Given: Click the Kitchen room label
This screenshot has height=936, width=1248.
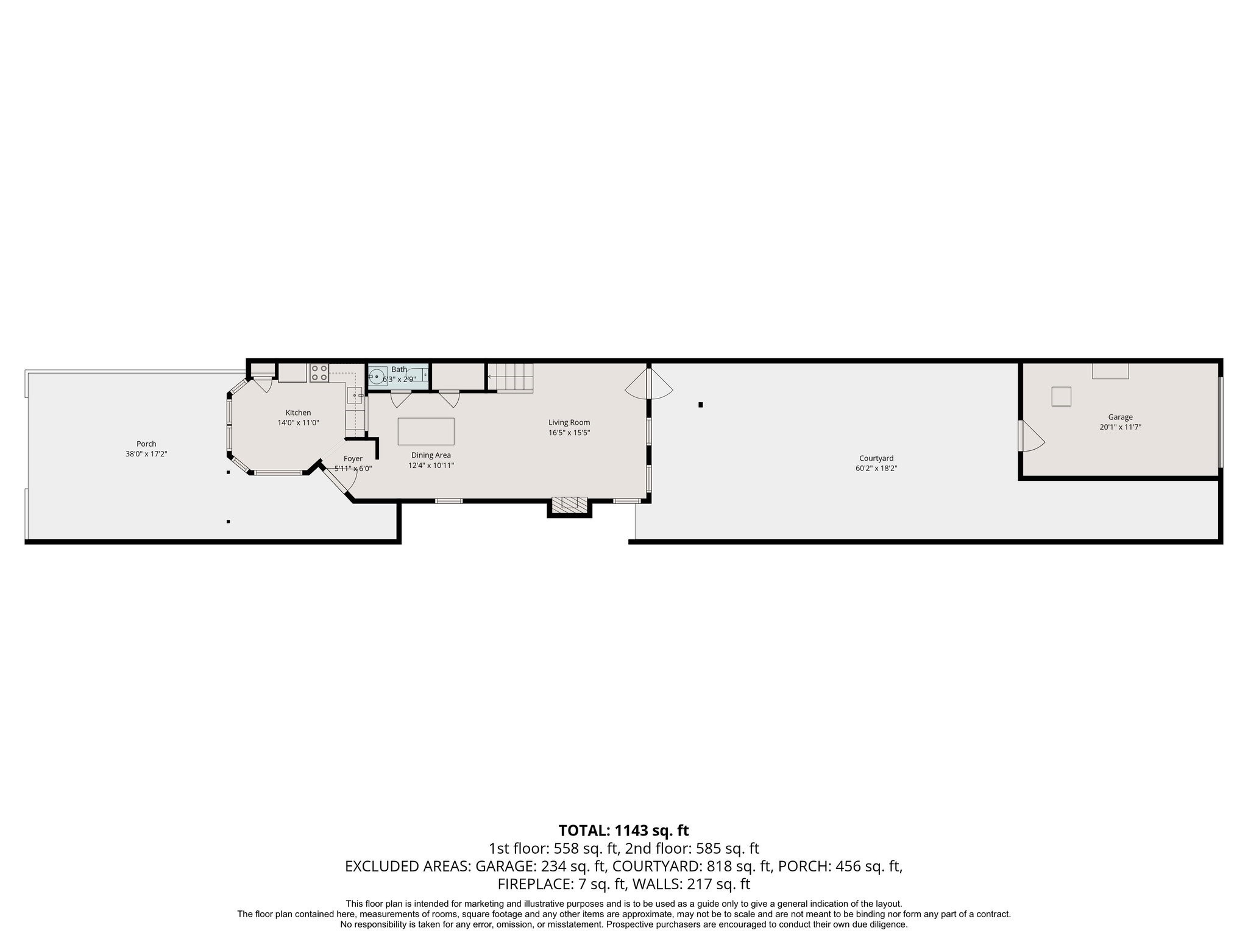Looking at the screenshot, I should [298, 413].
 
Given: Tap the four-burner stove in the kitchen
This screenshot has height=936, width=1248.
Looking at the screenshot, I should [319, 373].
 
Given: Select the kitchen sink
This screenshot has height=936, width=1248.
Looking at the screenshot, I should [355, 395].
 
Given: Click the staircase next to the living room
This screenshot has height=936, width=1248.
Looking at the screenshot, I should [511, 378].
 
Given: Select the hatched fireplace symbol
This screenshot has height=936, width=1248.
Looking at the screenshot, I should [569, 503].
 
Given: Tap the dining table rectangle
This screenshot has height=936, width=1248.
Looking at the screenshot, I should [426, 431].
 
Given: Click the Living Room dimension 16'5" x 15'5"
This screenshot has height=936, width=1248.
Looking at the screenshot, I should [569, 433].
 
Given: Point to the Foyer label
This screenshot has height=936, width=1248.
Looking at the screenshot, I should [353, 459].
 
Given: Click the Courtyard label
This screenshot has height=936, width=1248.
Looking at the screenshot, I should [876, 458].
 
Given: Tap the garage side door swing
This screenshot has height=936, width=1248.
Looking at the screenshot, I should [1030, 436].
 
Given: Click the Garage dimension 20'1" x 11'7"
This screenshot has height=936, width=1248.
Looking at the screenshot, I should [1120, 427].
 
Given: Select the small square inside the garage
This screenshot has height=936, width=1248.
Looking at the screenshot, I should [1061, 397].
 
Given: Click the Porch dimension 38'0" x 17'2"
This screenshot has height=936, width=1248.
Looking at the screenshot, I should [146, 454].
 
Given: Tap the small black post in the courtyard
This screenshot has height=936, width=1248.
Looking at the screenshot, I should [701, 405].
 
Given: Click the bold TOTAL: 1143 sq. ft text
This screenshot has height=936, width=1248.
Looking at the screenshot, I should [623, 831].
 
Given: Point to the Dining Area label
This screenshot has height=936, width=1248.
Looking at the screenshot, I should [431, 455].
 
